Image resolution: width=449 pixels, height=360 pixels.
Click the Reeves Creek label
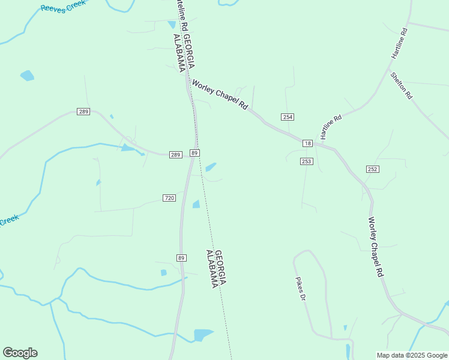click(62, 7)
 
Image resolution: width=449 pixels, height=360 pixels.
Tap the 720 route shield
click(169, 198)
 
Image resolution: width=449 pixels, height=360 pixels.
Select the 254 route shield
click(287, 116)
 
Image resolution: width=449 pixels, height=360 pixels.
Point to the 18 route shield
click(307, 143)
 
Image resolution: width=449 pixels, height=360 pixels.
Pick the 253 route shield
click(307, 161)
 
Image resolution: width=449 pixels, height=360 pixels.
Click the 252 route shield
click(373, 169)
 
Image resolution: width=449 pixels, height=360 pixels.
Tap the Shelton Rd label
click(402, 85)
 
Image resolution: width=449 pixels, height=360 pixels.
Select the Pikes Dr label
click(301, 289)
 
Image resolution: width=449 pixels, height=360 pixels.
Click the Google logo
click(20, 353)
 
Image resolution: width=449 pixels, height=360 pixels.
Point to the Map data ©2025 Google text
click(412, 355)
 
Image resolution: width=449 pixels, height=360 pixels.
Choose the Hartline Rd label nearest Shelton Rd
click(399, 43)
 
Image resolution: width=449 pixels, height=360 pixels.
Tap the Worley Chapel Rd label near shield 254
click(219, 94)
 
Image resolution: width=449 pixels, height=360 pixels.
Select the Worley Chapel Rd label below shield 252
click(376, 247)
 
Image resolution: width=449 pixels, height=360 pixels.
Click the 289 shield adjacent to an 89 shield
click(175, 155)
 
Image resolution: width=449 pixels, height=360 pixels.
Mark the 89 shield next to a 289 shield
click(194, 153)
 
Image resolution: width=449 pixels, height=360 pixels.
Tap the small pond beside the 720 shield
click(196, 205)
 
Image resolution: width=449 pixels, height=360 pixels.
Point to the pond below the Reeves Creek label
click(27, 76)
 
